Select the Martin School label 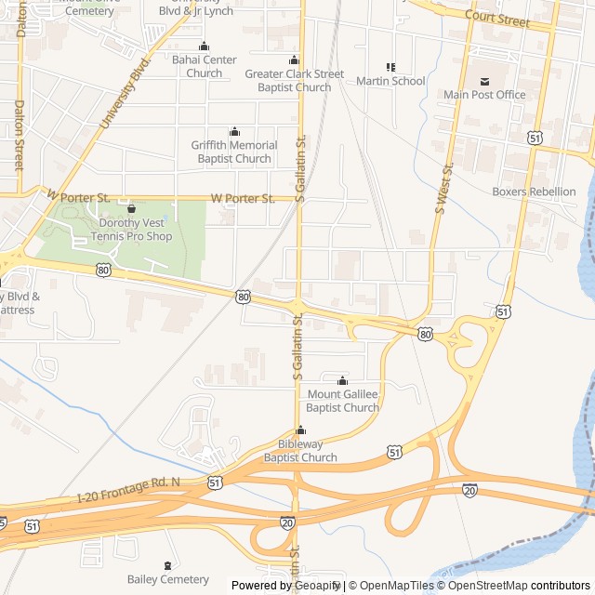click(x=390, y=81)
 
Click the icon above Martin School click(x=390, y=67)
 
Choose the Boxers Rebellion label click(x=534, y=192)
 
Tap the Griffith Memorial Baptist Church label click(x=234, y=152)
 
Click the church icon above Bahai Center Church click(x=205, y=46)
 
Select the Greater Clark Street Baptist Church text click(x=294, y=81)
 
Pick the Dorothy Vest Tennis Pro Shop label click(x=131, y=230)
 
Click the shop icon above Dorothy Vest click(x=131, y=209)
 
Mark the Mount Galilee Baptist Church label click(x=343, y=401)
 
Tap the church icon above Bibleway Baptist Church click(x=300, y=430)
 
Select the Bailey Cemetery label click(x=168, y=579)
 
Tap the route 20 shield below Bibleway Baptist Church click(x=287, y=523)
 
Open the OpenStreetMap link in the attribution click(x=483, y=586)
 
